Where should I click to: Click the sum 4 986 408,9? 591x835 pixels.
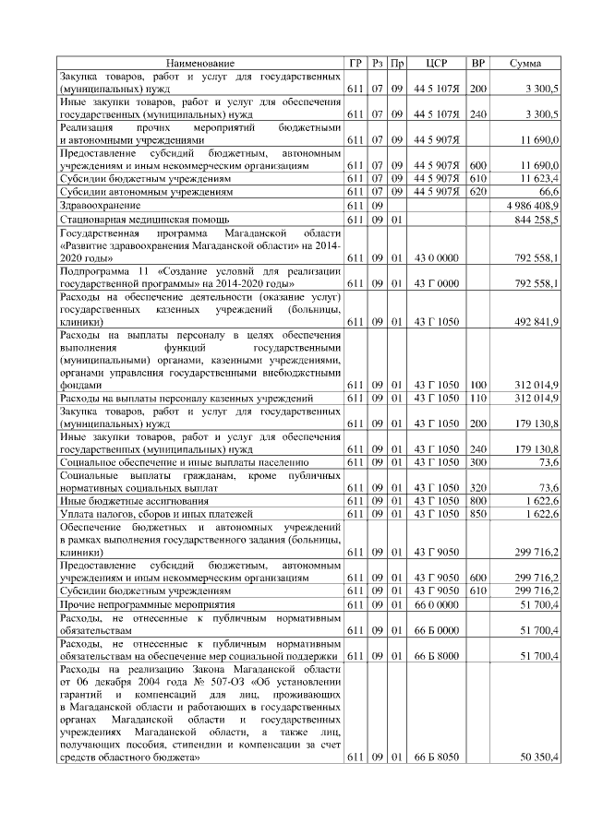point(531,204)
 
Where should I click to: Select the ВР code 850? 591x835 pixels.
point(477,513)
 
